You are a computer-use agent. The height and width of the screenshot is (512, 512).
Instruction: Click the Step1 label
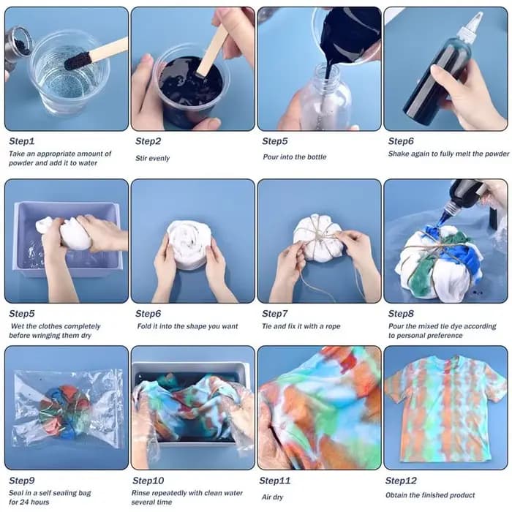click(21, 141)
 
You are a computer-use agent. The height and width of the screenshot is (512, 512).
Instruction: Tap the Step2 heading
click(148, 141)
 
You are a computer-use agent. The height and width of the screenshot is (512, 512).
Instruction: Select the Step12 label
click(401, 481)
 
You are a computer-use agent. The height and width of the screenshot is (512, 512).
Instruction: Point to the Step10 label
click(148, 481)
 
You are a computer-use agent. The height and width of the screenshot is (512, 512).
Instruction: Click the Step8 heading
click(401, 314)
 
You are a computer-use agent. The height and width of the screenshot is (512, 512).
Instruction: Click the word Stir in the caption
click(141, 158)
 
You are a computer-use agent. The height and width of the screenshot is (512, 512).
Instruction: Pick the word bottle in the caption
click(317, 157)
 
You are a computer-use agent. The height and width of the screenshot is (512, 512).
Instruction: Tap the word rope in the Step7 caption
click(333, 326)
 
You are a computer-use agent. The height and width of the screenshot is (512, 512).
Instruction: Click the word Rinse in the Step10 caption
click(140, 493)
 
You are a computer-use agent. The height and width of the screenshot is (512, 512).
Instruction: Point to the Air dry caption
click(272, 497)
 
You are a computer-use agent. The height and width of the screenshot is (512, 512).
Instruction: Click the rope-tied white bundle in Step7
click(318, 238)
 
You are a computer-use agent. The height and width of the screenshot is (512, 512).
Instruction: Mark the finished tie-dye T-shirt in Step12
click(445, 410)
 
